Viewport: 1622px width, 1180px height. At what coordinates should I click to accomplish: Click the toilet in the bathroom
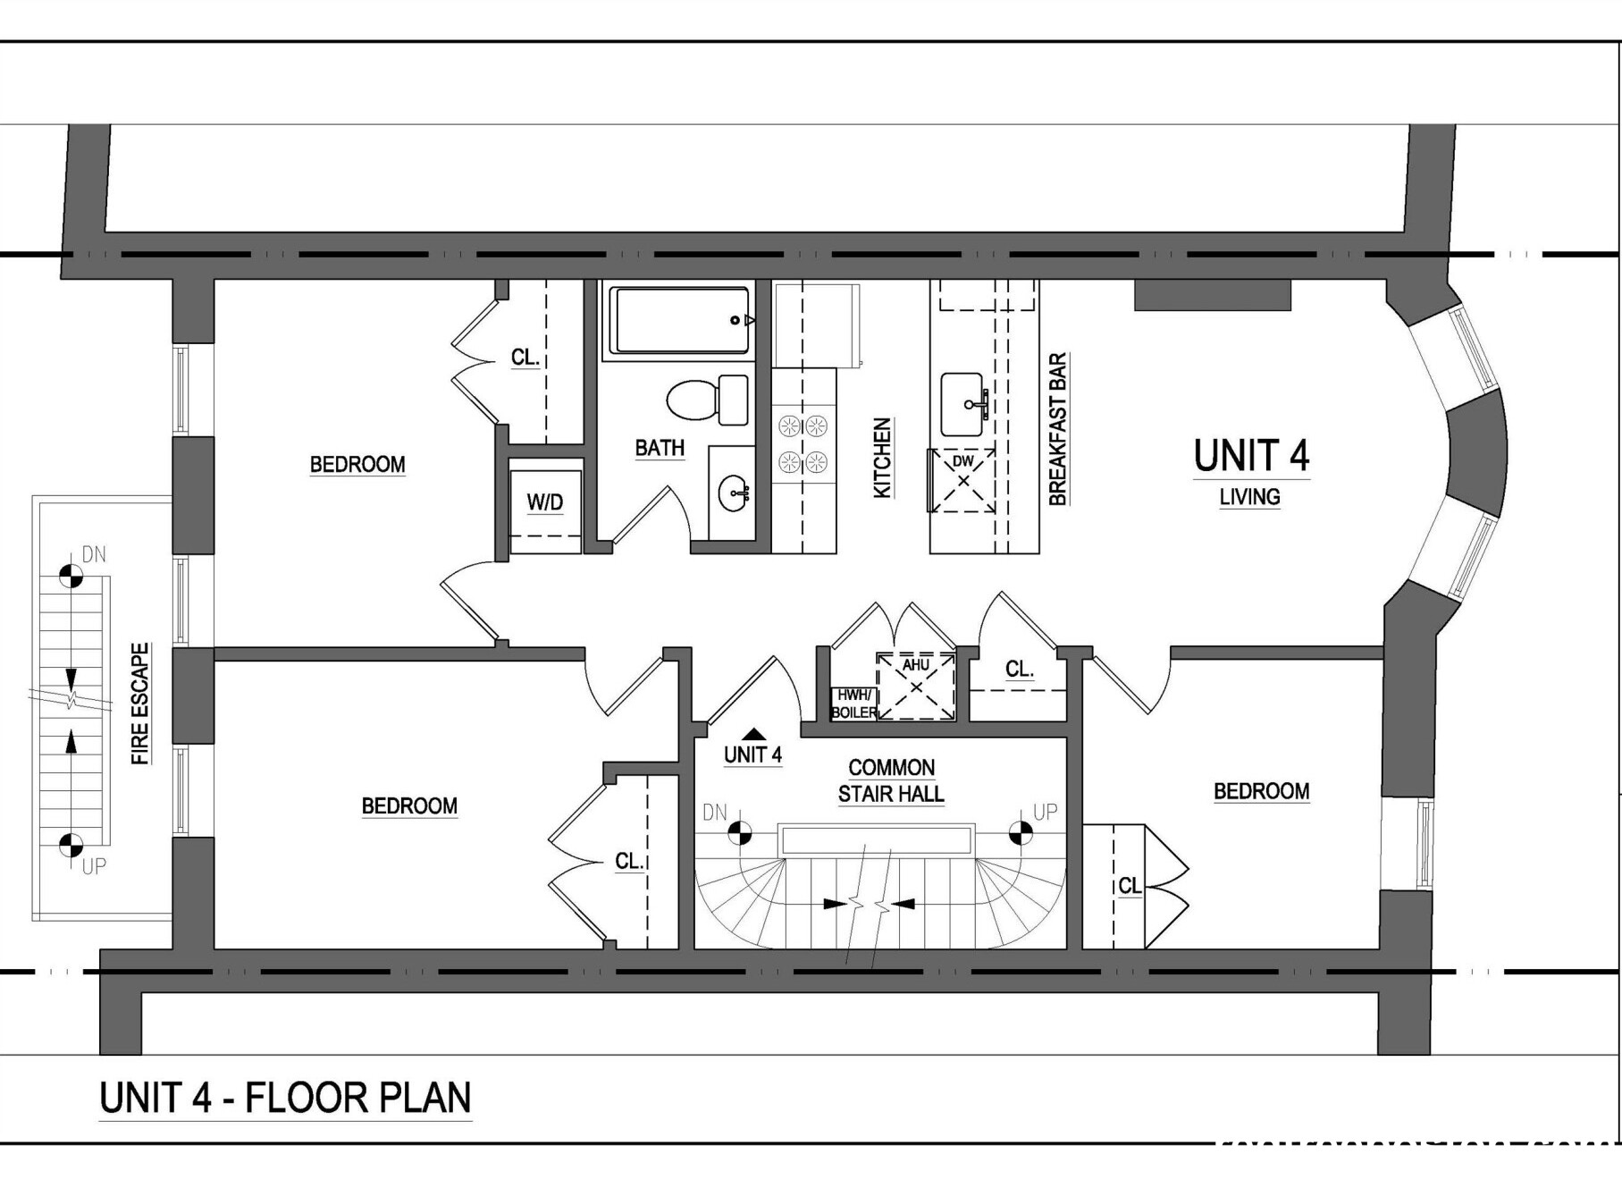point(707,400)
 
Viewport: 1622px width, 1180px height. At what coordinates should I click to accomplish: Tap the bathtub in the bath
point(680,320)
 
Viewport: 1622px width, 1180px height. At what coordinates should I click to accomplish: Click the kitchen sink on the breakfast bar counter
point(964,405)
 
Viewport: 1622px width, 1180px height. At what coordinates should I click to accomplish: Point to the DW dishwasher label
point(962,461)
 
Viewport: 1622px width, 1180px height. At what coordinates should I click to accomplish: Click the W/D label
point(545,502)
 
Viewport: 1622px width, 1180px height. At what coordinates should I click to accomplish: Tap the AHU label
point(915,665)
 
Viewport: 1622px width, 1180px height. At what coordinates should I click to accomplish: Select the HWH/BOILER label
point(853,704)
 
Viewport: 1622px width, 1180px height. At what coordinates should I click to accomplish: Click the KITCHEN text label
point(882,458)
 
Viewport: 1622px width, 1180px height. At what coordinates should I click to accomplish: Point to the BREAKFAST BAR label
point(1057,429)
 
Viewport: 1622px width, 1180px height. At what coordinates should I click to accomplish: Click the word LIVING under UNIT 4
point(1249,497)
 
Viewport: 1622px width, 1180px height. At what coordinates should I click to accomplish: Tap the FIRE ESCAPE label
point(140,704)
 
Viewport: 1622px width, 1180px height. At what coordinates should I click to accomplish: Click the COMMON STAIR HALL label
point(891,780)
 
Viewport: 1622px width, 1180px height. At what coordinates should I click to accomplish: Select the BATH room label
point(660,448)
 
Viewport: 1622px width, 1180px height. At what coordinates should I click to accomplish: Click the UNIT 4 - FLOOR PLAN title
point(285,1098)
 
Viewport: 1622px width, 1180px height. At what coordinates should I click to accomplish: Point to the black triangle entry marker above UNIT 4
point(752,733)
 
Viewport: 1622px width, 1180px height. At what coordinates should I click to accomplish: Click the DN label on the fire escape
point(94,555)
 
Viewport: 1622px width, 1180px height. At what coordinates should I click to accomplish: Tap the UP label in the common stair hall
point(1045,812)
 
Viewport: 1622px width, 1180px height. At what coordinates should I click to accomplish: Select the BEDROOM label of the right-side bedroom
point(1261,791)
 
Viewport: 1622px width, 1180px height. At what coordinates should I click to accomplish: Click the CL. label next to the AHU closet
point(1019,669)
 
